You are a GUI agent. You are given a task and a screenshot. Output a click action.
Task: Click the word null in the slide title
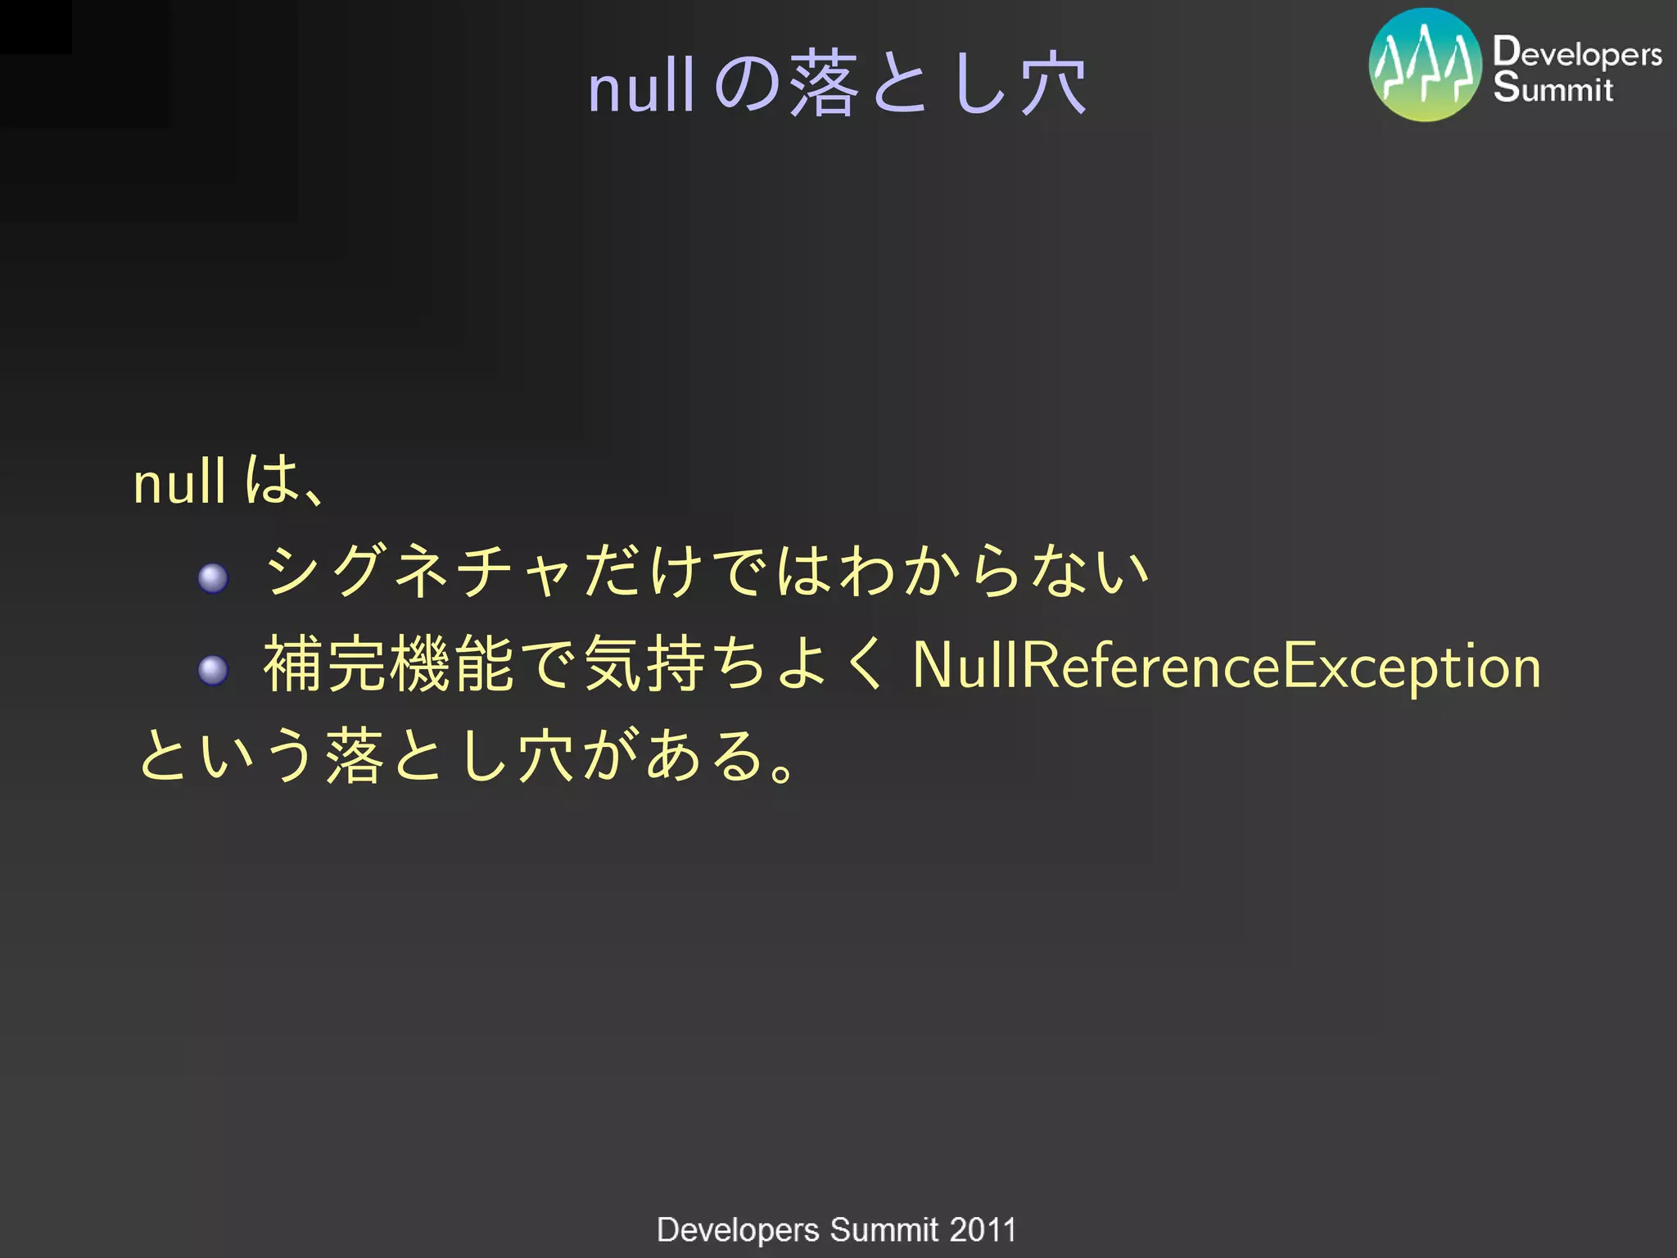point(641,87)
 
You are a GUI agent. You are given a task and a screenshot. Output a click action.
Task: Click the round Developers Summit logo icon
point(1425,66)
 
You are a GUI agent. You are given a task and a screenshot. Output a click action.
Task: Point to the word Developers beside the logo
point(1576,53)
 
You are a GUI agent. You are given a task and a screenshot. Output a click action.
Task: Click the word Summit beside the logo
point(1553,88)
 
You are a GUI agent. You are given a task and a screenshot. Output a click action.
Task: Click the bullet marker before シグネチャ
point(213,578)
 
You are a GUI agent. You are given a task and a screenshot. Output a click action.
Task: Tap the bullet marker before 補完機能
point(213,671)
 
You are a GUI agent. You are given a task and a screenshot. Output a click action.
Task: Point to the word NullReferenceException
point(1226,666)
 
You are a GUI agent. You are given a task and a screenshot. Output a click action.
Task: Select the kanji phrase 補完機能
point(388,664)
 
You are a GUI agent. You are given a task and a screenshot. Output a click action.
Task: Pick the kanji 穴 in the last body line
point(546,755)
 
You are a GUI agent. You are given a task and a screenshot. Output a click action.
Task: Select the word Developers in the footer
point(738,1229)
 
